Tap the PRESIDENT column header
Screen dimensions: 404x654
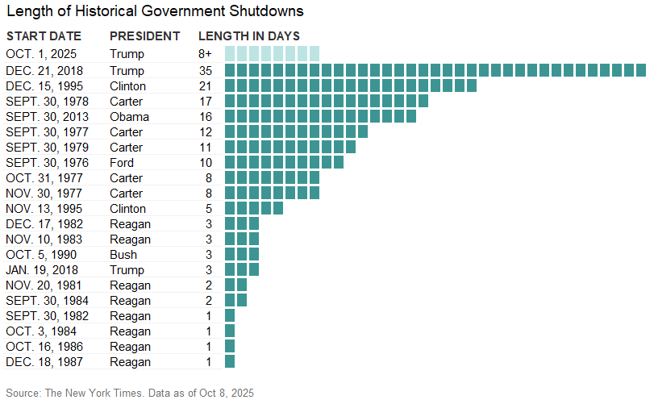coord(145,36)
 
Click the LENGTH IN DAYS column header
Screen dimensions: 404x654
coord(249,36)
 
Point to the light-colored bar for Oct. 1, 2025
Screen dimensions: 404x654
coord(272,54)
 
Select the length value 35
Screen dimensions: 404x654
coord(206,70)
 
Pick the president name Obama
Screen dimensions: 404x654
coord(129,116)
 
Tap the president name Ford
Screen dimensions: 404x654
coord(123,162)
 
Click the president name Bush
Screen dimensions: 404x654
coord(123,255)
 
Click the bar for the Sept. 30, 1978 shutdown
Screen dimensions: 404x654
coord(326,101)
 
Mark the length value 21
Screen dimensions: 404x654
coord(206,85)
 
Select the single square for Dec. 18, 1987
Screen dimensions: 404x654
coord(230,362)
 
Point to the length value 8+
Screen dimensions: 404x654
coord(206,54)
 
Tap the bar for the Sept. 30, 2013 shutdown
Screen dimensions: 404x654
coord(320,116)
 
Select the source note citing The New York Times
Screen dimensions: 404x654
coord(130,393)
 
